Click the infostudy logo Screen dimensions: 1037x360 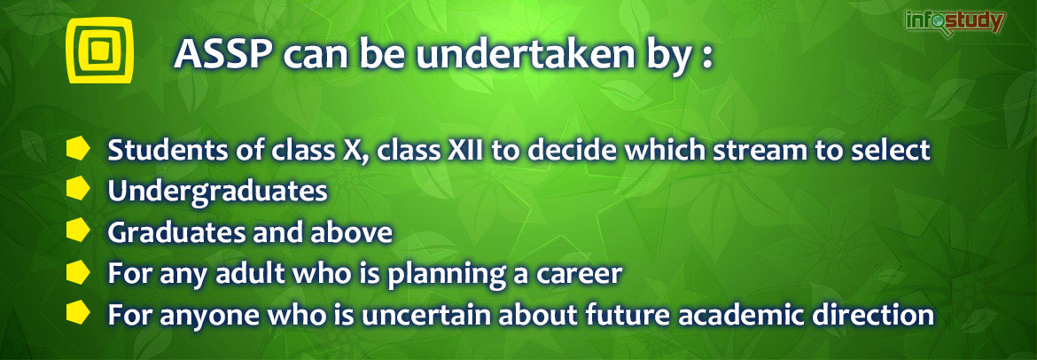tap(955, 23)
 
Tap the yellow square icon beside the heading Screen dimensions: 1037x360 tap(100, 51)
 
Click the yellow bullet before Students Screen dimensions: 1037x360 tap(78, 150)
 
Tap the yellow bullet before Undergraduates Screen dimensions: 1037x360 tap(78, 190)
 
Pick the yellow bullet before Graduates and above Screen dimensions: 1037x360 tap(78, 231)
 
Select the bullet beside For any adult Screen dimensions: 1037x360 tap(78, 272)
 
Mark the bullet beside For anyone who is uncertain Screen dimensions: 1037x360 tap(78, 313)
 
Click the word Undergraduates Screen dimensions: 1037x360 tap(217, 192)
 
